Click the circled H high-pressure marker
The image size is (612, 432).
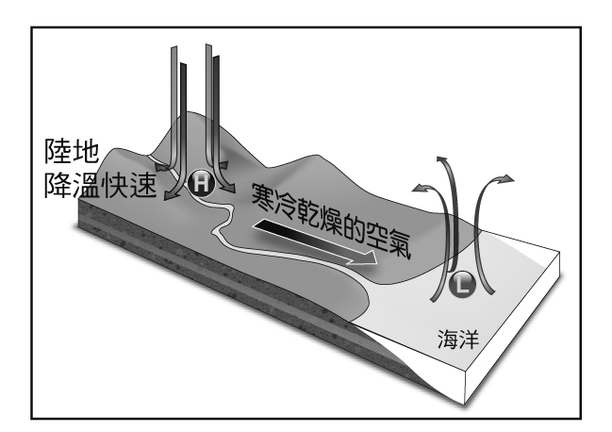tap(199, 184)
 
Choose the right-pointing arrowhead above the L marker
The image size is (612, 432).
tap(509, 177)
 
